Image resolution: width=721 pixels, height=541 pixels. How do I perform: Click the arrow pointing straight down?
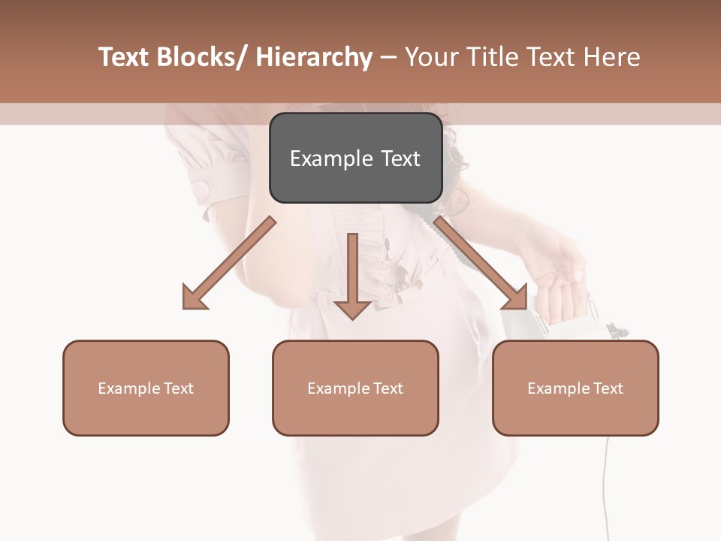tap(352, 278)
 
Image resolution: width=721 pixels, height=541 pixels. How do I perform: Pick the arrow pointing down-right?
tap(481, 264)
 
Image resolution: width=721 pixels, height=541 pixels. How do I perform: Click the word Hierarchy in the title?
tap(314, 57)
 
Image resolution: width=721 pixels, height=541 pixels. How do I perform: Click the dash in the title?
tap(388, 57)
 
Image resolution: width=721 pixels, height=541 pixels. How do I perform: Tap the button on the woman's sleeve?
tap(202, 190)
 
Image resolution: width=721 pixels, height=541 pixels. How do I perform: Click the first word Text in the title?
tap(125, 57)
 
